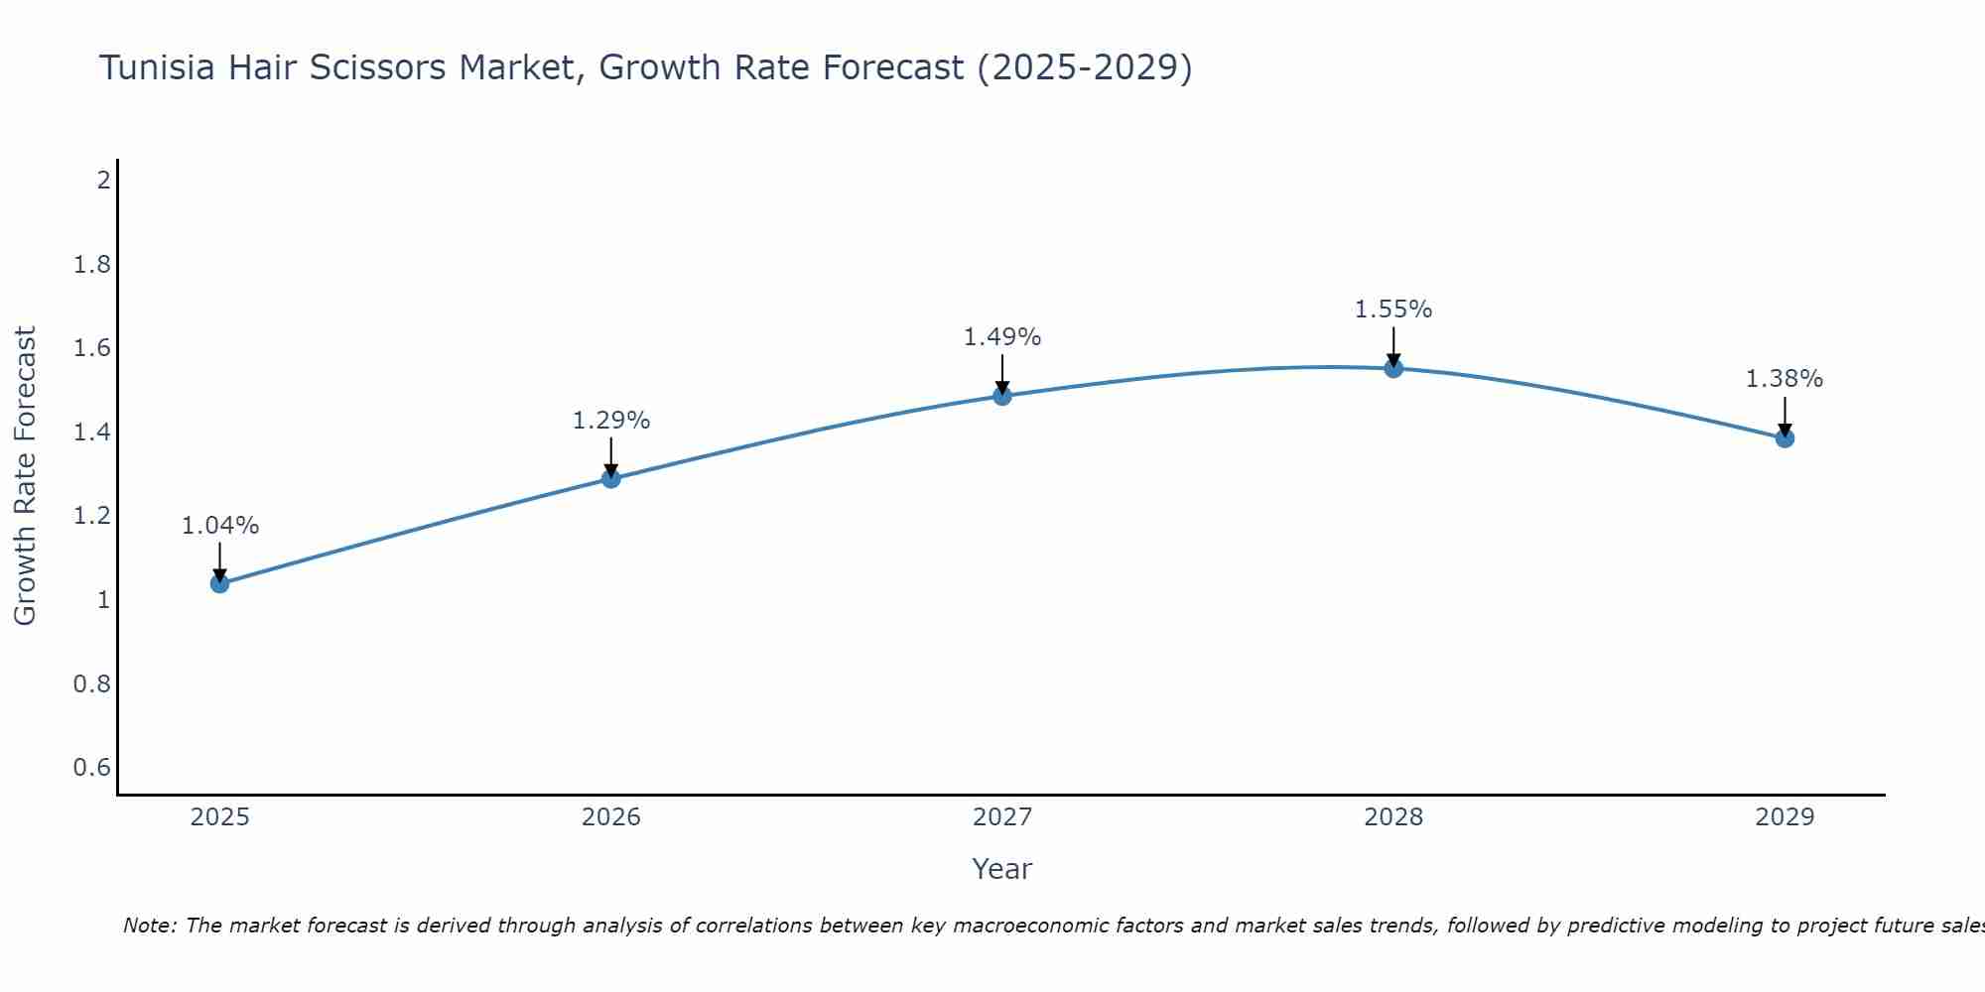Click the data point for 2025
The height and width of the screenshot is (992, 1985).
tap(220, 583)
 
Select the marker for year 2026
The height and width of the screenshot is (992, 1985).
tap(611, 479)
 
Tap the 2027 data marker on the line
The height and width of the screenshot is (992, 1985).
tap(1002, 396)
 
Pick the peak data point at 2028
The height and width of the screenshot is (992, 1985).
tap(1393, 369)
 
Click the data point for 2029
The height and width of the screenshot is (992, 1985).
tap(1785, 438)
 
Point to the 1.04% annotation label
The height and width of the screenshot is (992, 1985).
tap(220, 526)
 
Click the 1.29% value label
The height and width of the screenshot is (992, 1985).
tap(611, 421)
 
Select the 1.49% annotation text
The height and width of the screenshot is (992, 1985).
tap(1002, 337)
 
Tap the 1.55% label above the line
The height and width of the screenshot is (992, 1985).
tap(1393, 310)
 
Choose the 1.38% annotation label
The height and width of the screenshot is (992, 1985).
tap(1785, 379)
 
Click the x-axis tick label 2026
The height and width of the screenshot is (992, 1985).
tap(611, 817)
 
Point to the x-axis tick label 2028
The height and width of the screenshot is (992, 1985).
tap(1393, 817)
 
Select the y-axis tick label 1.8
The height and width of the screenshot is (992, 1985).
tap(92, 265)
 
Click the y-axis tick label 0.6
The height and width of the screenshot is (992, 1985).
tap(92, 768)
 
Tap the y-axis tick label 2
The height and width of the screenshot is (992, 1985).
tap(103, 181)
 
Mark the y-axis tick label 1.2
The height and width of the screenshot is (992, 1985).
tap(92, 516)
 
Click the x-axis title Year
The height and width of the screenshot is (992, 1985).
tap(1002, 869)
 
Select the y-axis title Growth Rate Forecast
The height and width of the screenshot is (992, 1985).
tap(25, 476)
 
